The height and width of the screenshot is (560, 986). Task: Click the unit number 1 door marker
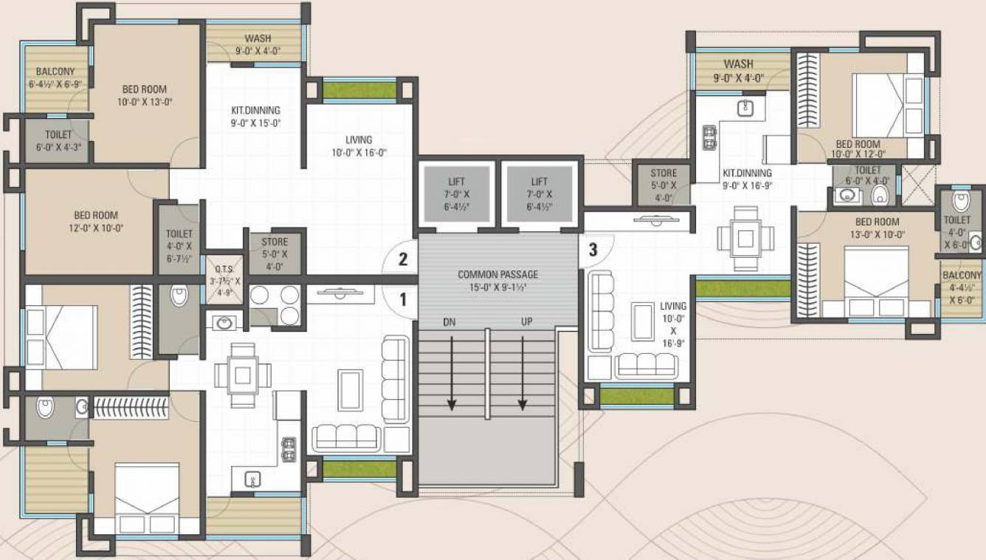point(403,299)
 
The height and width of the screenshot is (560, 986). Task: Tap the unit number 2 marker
point(403,259)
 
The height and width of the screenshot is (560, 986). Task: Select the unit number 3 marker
point(593,250)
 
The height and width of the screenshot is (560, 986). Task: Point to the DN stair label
point(449,322)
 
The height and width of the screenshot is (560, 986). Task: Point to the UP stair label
point(526,322)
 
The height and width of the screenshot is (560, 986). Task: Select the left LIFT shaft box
point(456,194)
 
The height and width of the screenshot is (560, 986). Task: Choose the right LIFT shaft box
point(539,194)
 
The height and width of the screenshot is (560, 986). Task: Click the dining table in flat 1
point(242,375)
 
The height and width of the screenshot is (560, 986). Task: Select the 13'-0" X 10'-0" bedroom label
point(877,228)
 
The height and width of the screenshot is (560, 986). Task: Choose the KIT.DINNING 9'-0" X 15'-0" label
point(256,117)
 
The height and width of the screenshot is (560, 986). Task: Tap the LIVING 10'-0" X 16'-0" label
point(359,146)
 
